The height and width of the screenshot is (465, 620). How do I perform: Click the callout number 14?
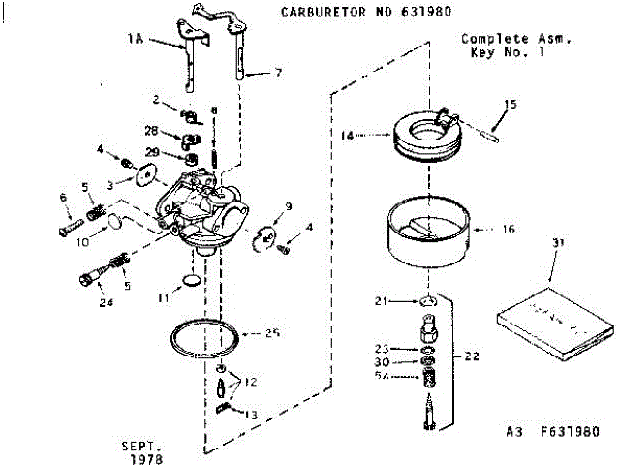pyautogui.click(x=347, y=137)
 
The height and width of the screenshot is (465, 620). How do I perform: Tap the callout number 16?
pyautogui.click(x=510, y=231)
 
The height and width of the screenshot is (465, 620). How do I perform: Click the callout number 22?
pyautogui.click(x=472, y=356)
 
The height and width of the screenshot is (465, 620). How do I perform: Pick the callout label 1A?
pyautogui.click(x=135, y=41)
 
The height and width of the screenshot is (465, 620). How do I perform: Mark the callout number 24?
pyautogui.click(x=105, y=302)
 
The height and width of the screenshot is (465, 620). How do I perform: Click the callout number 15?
pyautogui.click(x=511, y=104)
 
